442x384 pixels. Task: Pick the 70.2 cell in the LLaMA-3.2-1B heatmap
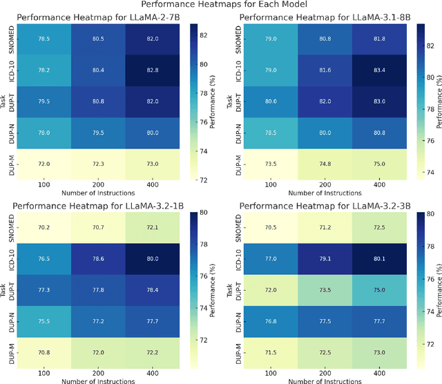(x=45, y=227)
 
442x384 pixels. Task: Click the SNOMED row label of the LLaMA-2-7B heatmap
(x=11, y=39)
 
